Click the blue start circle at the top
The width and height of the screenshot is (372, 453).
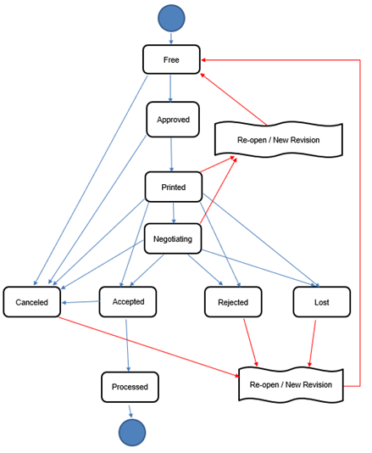click(171, 17)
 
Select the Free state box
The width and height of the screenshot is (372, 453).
click(171, 59)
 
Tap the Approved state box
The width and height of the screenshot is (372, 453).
click(173, 120)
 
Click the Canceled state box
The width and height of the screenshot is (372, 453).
click(31, 301)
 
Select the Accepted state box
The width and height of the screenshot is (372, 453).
click(128, 301)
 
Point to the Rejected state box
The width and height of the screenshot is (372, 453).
click(232, 301)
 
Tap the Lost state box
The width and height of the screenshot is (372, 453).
click(320, 301)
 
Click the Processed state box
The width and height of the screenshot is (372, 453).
click(130, 387)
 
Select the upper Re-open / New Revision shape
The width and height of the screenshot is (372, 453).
click(278, 137)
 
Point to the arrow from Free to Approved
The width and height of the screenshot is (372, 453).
click(172, 88)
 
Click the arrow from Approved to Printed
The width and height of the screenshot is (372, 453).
click(172, 154)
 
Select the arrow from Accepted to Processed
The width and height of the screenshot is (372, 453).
click(128, 344)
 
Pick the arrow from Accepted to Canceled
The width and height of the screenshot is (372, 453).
click(81, 301)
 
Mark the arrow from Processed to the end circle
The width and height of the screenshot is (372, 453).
click(130, 409)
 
